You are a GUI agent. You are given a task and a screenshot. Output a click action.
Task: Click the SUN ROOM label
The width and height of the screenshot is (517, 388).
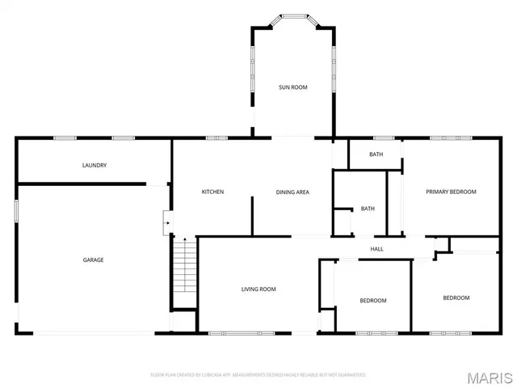[x=292, y=87]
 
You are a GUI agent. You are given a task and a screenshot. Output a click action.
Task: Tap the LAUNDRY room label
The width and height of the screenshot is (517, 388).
[x=95, y=166]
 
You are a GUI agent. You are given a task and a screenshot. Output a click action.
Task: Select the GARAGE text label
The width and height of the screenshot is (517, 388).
[x=93, y=259]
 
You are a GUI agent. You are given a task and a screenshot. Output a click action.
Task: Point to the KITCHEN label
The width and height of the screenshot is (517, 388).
[x=212, y=192]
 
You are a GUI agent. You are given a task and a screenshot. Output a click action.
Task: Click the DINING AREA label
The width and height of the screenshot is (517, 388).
[x=292, y=192]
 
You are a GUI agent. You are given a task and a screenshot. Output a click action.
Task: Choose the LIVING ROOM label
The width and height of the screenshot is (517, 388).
[x=258, y=289]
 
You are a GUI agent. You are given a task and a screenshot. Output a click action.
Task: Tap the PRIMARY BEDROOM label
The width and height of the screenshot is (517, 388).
[x=451, y=192]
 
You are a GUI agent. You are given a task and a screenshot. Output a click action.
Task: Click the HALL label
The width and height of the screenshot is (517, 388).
[x=376, y=249]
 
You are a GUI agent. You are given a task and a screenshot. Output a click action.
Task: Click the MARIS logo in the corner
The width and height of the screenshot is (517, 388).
[x=490, y=377]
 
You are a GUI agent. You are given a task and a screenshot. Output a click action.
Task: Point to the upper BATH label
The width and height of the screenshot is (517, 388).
[x=376, y=154]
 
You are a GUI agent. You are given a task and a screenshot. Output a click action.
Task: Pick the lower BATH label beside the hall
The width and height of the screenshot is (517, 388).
[x=368, y=209]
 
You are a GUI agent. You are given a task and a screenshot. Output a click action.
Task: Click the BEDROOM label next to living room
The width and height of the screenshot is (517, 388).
[x=372, y=301]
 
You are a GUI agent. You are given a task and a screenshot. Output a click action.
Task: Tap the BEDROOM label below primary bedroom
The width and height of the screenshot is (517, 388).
[x=456, y=297]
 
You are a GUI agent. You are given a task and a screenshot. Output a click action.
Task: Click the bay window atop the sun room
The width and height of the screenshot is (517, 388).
[x=292, y=15]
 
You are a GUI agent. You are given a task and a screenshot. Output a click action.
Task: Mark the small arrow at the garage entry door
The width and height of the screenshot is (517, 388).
[x=166, y=217]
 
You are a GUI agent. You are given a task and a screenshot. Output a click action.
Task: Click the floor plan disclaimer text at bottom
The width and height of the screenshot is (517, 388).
[x=258, y=375]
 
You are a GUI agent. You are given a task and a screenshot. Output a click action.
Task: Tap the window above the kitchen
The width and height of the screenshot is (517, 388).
[x=216, y=138]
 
